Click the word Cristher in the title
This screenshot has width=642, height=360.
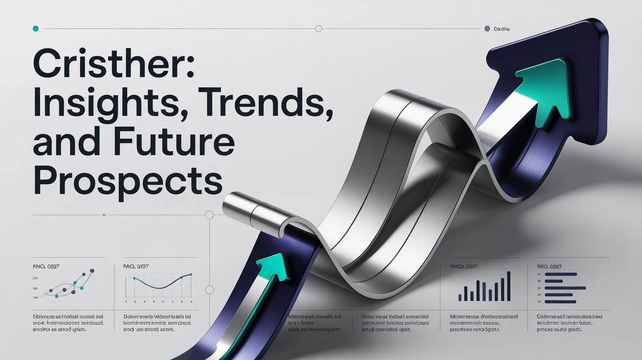click(x=114, y=63)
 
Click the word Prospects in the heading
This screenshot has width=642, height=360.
click(x=127, y=180)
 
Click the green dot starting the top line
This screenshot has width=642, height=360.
click(x=35, y=29)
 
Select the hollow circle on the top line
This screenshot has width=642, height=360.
click(x=319, y=29)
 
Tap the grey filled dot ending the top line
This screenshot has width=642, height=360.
click(x=487, y=29)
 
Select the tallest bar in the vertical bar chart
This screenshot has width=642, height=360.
click(x=508, y=286)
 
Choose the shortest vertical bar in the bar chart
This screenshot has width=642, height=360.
click(x=460, y=297)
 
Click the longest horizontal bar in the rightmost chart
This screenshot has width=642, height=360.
click(x=565, y=288)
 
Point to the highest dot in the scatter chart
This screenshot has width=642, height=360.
click(x=92, y=271)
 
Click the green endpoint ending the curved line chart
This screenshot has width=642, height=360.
click(x=191, y=275)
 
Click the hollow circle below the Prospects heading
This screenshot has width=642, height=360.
click(x=209, y=215)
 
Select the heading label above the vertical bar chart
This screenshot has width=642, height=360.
click(x=463, y=267)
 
